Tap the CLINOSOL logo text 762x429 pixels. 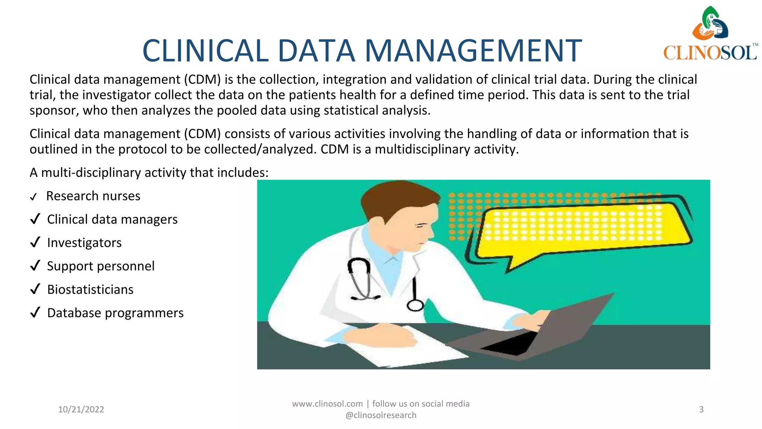coord(710,53)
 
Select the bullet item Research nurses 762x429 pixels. coord(93,196)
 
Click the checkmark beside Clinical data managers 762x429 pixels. coord(35,219)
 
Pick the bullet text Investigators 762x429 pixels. coord(84,243)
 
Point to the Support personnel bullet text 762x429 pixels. coord(101,266)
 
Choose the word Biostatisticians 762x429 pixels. coord(90,290)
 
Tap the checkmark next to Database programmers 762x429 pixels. coord(35,312)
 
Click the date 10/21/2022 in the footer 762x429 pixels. coord(81,409)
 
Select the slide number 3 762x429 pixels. coord(701,409)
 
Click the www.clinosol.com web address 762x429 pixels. coord(327,404)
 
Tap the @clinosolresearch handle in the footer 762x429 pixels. coord(381,415)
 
